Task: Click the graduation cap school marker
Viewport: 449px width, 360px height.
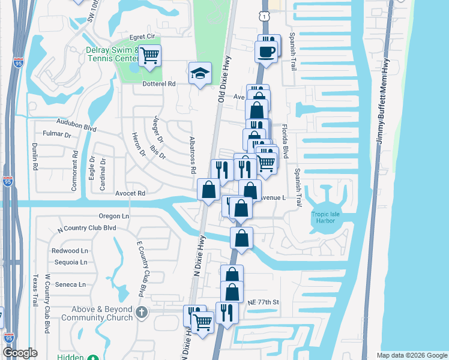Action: click(200, 73)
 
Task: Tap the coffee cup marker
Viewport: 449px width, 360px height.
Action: click(266, 51)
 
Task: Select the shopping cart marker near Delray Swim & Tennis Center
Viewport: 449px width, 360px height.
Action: click(149, 56)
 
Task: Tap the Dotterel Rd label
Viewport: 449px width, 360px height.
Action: click(158, 84)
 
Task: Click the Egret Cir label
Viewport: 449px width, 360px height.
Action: click(134, 37)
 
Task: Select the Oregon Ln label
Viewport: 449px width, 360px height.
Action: click(114, 216)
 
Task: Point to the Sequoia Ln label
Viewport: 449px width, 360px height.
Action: click(70, 262)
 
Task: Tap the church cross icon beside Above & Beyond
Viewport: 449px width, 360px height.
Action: click(141, 313)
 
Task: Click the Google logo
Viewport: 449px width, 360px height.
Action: click(20, 353)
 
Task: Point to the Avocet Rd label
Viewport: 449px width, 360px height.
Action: click(130, 193)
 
